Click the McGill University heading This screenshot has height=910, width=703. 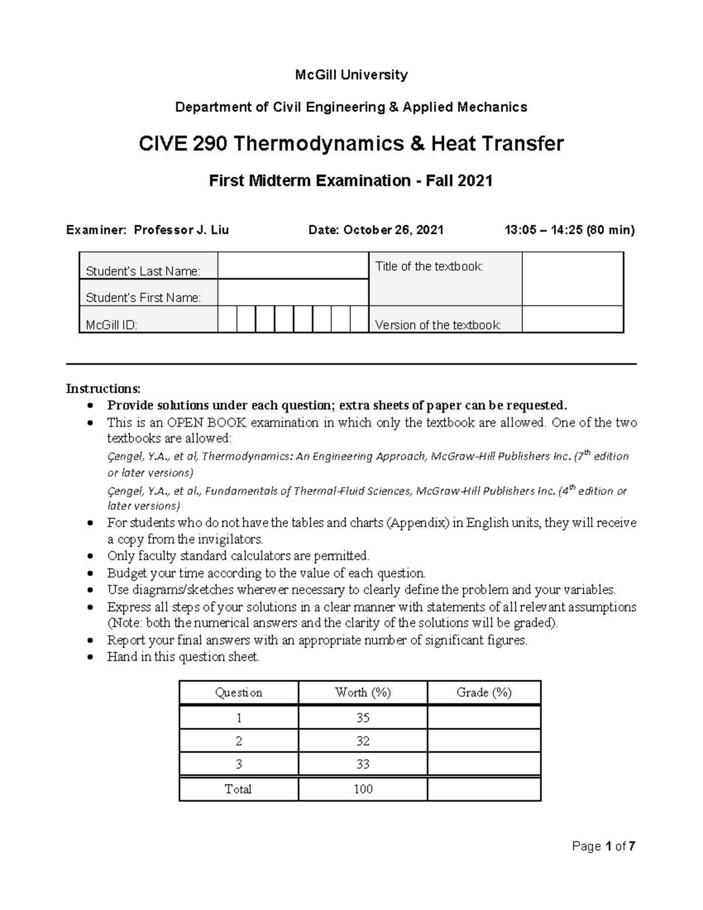pos(351,75)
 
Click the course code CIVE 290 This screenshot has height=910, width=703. pos(183,144)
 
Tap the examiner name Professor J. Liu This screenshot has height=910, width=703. pos(182,230)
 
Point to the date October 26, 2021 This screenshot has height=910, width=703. pos(393,230)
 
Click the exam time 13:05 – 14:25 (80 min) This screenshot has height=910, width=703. pos(569,230)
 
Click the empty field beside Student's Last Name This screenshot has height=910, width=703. pos(292,265)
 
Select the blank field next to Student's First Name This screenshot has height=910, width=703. pos(292,292)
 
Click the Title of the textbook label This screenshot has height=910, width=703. pos(429,267)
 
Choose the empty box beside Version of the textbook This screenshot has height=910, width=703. pos(572,319)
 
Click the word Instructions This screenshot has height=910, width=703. pos(103,389)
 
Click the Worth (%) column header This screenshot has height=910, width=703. pos(363,693)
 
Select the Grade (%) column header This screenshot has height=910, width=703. pos(484,693)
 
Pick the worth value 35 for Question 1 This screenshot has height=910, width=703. pos(363,718)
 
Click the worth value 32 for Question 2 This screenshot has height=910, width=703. pos(363,741)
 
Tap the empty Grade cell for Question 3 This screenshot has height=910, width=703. pos(484,764)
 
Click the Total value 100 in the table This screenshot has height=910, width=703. pos(363,789)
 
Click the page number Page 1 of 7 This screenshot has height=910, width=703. pos(604,846)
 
